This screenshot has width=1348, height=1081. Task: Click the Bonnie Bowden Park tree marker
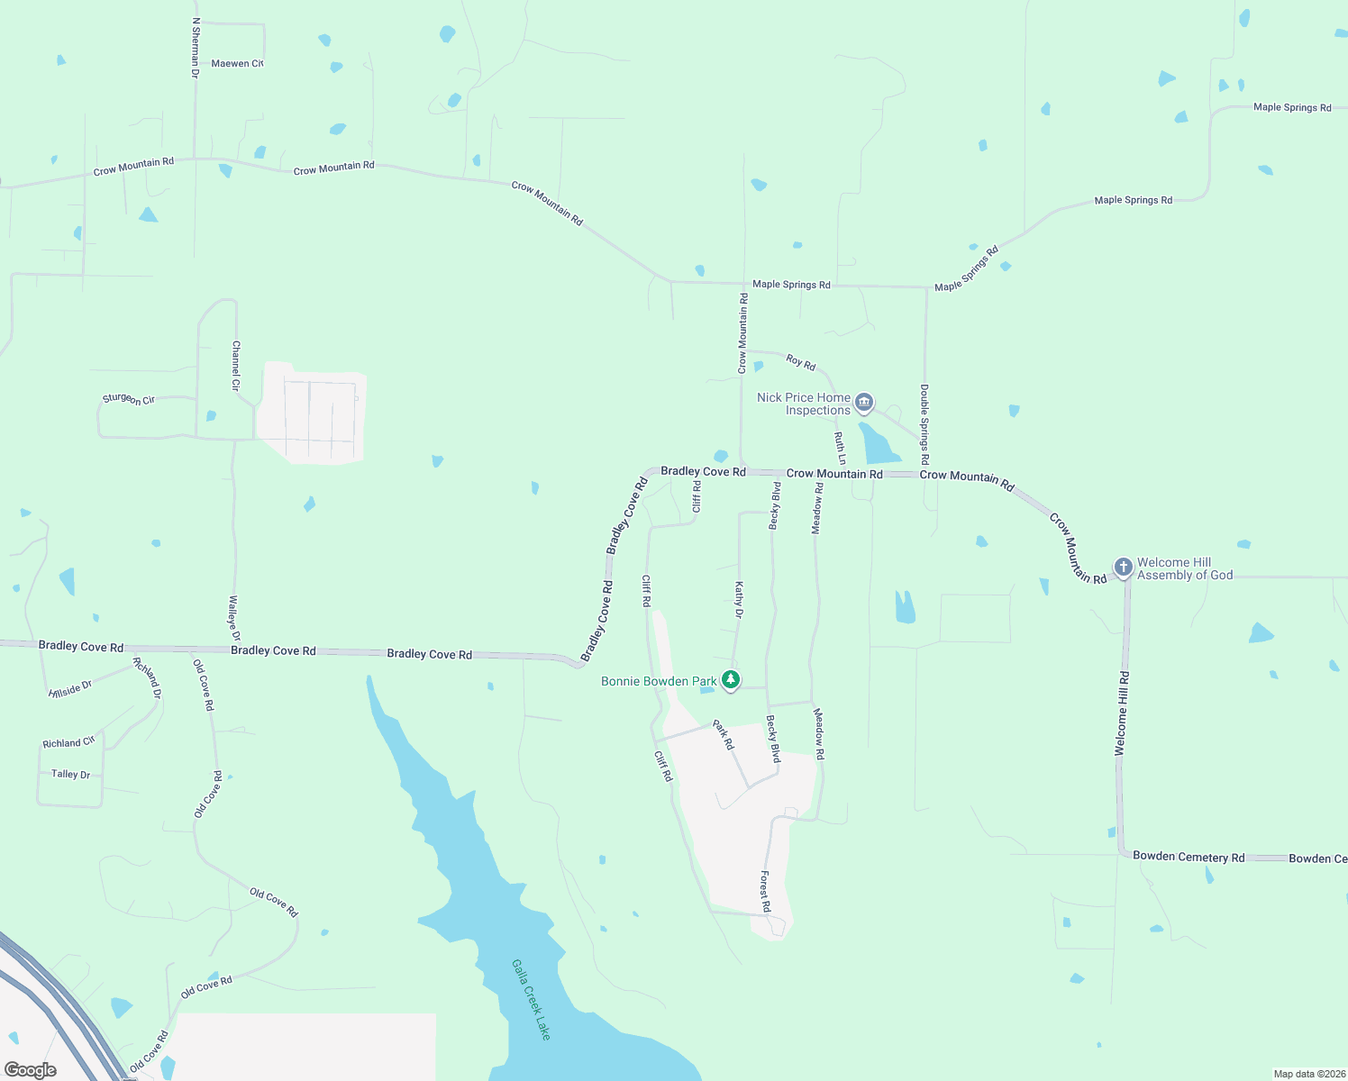coord(731,680)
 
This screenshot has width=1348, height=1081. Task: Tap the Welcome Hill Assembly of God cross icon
coord(1123,568)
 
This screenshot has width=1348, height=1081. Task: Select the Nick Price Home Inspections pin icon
coord(864,402)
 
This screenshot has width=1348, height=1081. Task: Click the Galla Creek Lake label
coord(531,999)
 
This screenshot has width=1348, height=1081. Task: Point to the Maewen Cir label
coord(237,64)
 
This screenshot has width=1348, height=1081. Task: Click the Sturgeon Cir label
coord(129,399)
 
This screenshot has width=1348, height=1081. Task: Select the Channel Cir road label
coord(236,365)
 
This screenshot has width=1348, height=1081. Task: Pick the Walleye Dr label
coord(233,618)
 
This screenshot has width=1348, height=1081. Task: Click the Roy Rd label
coord(800,362)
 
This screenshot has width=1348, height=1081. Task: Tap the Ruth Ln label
coord(840,448)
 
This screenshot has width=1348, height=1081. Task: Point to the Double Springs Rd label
coord(924,423)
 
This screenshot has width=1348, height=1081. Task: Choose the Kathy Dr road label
coord(739,600)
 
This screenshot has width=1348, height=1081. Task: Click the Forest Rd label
coord(765,891)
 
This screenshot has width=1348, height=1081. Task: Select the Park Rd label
coord(724,734)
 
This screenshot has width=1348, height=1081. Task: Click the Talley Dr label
coord(70,774)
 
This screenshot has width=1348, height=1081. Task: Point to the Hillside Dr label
coord(71,689)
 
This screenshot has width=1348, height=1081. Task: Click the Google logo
coord(31,1069)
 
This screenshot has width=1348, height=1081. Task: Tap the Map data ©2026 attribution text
coord(1308,1074)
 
